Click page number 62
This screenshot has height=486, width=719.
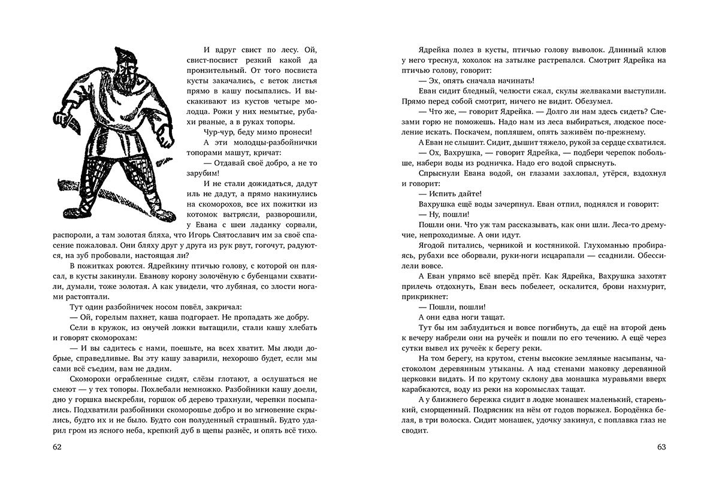[x=58, y=447]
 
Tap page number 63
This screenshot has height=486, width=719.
[x=661, y=447]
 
